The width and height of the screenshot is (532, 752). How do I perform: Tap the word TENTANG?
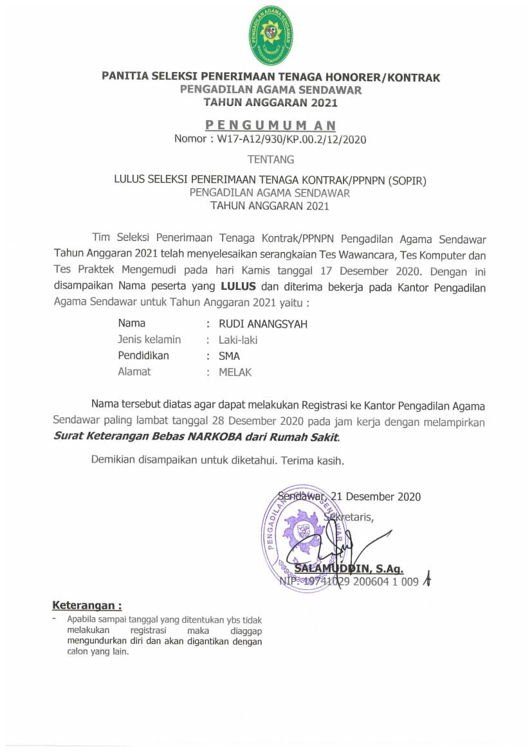tap(271, 159)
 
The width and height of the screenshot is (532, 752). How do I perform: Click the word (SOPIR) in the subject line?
tap(407, 181)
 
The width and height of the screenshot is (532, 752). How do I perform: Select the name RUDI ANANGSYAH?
tap(263, 324)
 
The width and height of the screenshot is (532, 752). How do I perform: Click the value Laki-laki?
tap(238, 340)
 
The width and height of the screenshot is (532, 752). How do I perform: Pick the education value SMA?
tap(229, 355)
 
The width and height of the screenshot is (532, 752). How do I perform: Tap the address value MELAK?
tap(235, 372)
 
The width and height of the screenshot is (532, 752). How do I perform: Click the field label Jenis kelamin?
tap(149, 340)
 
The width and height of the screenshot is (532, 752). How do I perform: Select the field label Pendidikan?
tap(143, 355)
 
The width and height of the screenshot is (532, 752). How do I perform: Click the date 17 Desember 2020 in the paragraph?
tap(373, 271)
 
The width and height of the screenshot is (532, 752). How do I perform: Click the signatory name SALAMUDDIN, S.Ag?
tap(348, 569)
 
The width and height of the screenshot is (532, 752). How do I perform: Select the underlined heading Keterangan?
tap(86, 605)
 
